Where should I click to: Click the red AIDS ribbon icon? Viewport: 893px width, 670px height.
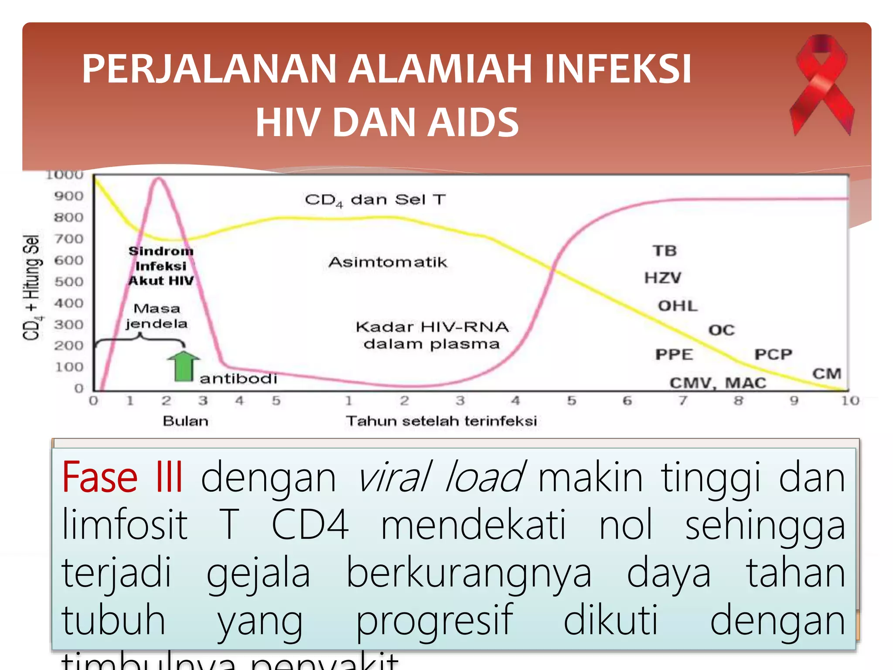pos(821,85)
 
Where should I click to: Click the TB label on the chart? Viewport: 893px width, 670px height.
pos(665,251)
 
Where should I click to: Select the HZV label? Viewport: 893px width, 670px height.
pos(663,278)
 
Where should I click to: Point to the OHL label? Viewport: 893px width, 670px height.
pos(678,306)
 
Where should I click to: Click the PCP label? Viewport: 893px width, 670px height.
pos(773,354)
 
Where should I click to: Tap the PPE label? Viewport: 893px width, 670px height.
pos(674,354)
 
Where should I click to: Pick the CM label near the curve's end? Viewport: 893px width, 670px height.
pos(827,374)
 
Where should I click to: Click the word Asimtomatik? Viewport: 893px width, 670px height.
pos(388,262)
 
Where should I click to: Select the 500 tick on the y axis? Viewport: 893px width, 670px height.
pos(69,282)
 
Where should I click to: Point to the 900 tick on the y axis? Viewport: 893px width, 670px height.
pos(69,196)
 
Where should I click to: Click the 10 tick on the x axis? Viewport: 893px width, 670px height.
pos(850,400)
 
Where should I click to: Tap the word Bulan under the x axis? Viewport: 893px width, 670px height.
pos(185,421)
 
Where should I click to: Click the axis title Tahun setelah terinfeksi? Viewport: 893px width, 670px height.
pos(441,421)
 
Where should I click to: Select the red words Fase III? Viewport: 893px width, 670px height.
pos(123,478)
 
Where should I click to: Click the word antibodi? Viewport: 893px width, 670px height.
pos(238,378)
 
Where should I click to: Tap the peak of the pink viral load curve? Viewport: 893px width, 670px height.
pos(160,178)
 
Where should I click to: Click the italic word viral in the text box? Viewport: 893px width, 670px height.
pos(395,478)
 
